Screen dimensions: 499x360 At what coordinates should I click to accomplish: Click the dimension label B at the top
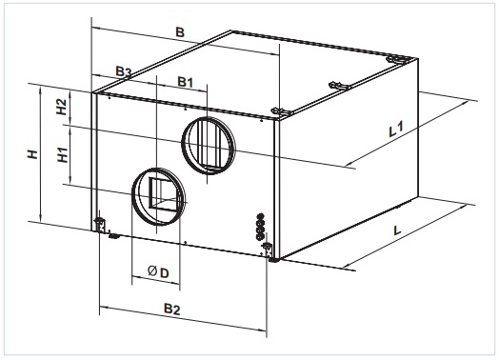180,32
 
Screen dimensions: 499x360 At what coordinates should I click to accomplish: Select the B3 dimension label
123,71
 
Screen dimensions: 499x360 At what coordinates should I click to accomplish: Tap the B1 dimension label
185,82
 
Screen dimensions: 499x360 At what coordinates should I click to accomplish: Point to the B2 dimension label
171,309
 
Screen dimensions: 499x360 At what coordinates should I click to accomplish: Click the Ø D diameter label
158,272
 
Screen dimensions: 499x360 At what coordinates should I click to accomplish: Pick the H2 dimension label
61,107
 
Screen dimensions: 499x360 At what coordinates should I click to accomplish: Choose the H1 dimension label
63,154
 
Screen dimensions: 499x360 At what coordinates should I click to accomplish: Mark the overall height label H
32,154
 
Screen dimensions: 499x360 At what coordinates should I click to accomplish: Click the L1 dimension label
396,129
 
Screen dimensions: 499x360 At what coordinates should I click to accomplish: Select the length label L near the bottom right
397,230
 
